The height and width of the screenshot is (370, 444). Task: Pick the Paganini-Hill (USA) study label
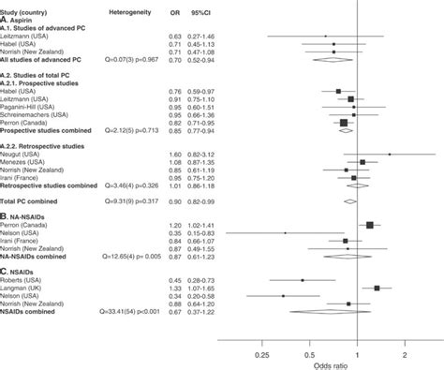point(37,107)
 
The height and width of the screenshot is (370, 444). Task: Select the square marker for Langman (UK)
point(376,289)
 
